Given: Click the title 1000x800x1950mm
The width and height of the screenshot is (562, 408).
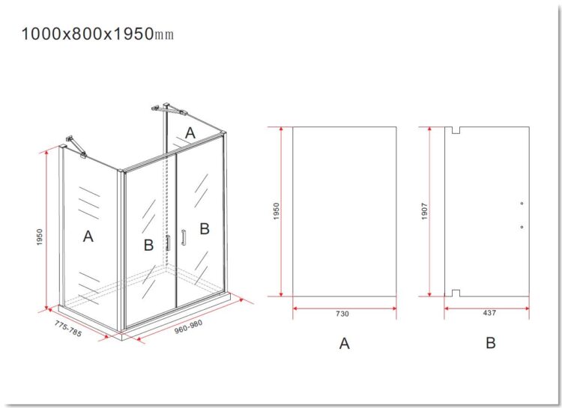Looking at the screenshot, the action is click(x=97, y=34).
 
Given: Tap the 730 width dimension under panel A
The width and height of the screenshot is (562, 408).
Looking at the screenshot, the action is click(x=342, y=314).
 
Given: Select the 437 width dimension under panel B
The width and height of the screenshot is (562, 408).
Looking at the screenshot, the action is click(x=489, y=313).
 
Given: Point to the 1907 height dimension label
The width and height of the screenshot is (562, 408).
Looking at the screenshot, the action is click(x=424, y=211).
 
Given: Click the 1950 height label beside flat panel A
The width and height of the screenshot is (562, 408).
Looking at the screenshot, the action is click(x=276, y=211).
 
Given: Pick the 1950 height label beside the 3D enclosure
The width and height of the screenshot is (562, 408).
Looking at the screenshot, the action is click(x=40, y=237).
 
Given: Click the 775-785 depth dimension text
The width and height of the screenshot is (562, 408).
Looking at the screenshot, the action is click(x=68, y=329).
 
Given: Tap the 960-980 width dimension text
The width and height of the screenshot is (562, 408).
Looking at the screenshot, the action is click(x=189, y=326).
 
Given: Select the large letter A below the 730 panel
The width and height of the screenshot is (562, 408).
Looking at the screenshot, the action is click(x=344, y=343).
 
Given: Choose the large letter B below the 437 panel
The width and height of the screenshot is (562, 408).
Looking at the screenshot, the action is click(x=491, y=343).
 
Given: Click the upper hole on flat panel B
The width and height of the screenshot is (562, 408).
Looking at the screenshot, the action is click(x=522, y=204).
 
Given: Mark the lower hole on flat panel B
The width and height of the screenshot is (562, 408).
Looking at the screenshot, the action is click(x=522, y=227).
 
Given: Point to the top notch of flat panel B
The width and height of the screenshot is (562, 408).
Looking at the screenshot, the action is click(x=456, y=130).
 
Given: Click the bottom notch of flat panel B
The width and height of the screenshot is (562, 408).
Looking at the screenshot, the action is click(x=456, y=293).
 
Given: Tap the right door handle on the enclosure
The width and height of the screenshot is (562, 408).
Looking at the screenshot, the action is click(x=184, y=237).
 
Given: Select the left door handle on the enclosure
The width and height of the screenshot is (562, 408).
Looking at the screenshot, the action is click(x=168, y=243).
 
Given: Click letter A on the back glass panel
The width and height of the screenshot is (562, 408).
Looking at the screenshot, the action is click(x=190, y=133).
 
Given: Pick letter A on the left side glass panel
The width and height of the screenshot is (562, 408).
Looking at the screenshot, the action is click(x=88, y=237).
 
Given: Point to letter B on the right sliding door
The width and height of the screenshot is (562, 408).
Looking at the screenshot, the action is click(x=205, y=228).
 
